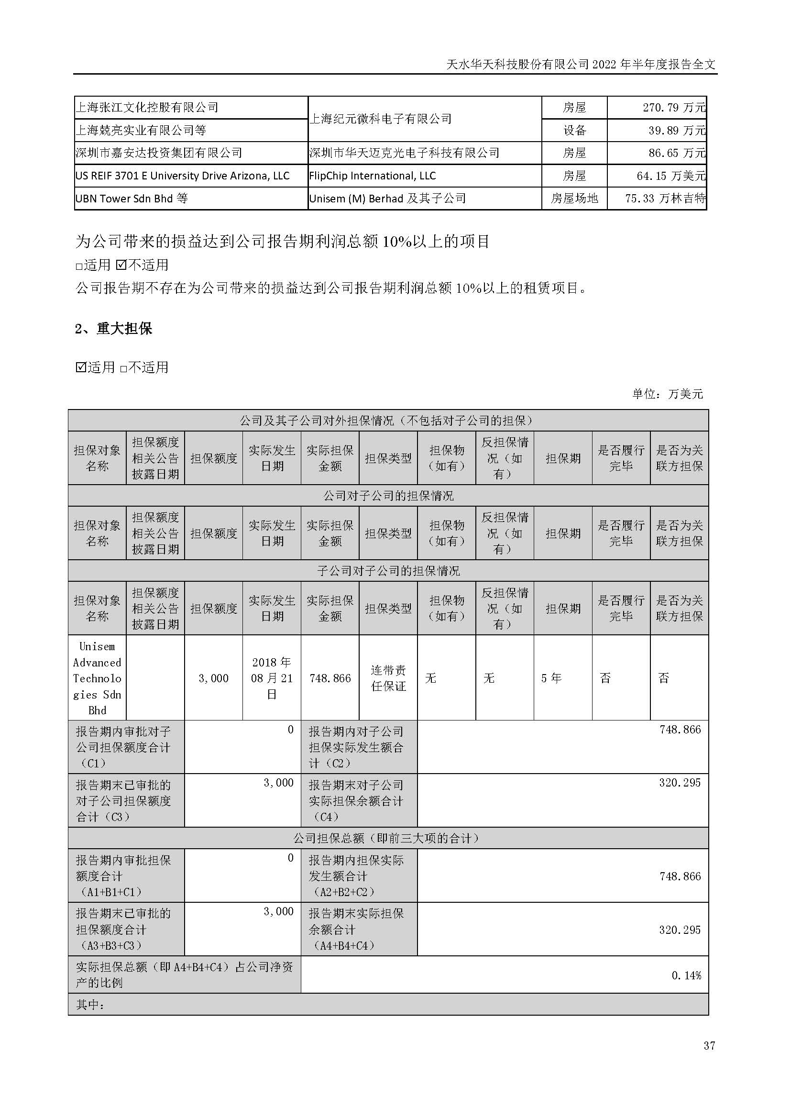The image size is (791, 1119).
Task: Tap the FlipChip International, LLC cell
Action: click(373, 176)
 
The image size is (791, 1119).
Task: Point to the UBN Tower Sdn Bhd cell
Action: click(132, 199)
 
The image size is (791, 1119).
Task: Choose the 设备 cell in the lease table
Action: click(574, 130)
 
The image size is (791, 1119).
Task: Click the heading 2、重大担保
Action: click(113, 329)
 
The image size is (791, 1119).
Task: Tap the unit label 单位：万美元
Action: click(667, 394)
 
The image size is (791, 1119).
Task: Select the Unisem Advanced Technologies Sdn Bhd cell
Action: click(97, 678)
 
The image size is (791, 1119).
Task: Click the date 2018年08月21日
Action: click(272, 678)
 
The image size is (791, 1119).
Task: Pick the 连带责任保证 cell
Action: click(388, 678)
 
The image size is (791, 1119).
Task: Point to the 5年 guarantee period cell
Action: click(551, 678)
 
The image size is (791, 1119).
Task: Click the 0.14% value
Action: click(686, 975)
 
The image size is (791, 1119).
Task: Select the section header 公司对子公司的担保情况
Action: click(388, 496)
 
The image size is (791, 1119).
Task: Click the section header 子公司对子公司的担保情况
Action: click(388, 571)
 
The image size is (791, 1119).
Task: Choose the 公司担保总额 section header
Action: click(388, 838)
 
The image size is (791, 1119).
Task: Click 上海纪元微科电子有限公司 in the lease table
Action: click(380, 119)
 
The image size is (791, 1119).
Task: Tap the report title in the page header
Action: click(581, 64)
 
